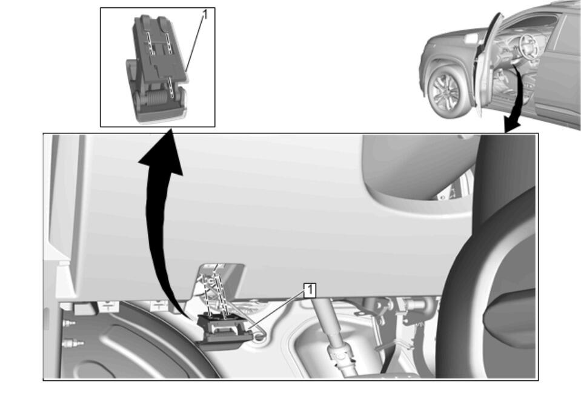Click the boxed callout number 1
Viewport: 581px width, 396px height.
point(310,290)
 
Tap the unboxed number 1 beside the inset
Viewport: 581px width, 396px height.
point(205,15)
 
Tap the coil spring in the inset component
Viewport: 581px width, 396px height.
point(155,99)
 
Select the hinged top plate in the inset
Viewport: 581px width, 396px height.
point(160,48)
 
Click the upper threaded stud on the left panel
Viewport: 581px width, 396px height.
point(69,323)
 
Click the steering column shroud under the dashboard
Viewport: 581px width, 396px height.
point(415,170)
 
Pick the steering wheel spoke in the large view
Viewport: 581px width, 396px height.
point(510,318)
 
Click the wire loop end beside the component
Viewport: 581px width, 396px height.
point(260,336)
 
